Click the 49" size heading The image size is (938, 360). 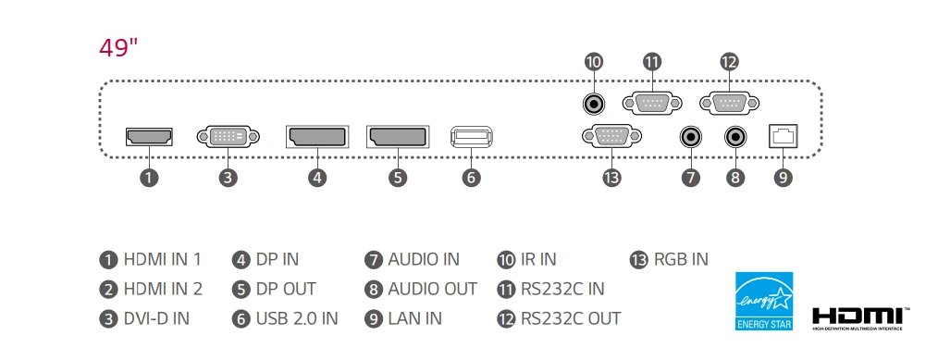(x=118, y=48)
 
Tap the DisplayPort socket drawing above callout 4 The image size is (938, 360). (x=317, y=137)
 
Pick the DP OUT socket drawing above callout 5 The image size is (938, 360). (x=398, y=137)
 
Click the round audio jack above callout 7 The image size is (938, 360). (x=690, y=137)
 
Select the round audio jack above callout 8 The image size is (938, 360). (x=736, y=137)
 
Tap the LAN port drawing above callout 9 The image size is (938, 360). (x=784, y=137)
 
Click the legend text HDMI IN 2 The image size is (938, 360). (x=162, y=289)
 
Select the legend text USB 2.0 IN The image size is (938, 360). (x=296, y=318)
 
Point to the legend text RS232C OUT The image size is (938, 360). (x=570, y=318)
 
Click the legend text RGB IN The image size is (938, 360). (x=681, y=259)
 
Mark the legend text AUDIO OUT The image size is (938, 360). (x=432, y=289)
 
